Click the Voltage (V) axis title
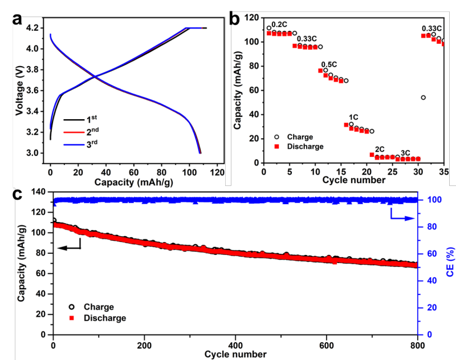[x=20, y=90]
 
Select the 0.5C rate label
[x=328, y=64]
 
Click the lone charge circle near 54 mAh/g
[x=424, y=98]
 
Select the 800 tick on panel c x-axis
[x=418, y=345]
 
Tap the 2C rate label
[x=379, y=149]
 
